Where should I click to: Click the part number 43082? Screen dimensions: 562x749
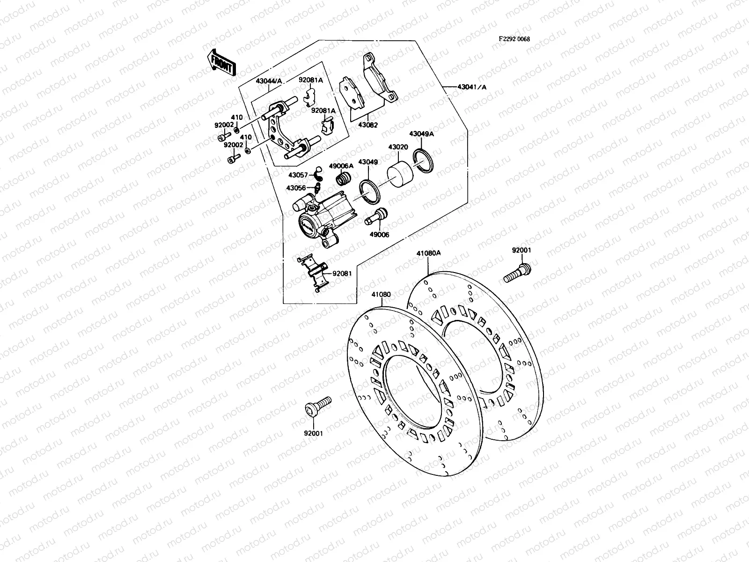tap(368, 126)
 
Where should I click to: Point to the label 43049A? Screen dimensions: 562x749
tap(421, 134)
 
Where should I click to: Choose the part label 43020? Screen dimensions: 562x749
tap(397, 147)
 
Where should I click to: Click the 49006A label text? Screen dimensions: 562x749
tap(341, 166)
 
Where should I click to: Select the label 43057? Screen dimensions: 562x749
tap(298, 175)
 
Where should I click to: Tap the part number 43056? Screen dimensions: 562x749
tap(296, 188)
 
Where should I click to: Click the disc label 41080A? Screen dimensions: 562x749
tap(429, 253)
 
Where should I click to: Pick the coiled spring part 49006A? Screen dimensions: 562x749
tap(345, 178)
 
